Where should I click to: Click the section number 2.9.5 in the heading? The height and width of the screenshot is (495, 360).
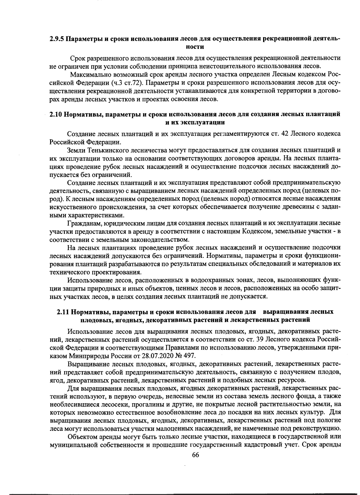coord(57,39)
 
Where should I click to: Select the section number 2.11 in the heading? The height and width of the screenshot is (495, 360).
coord(63,312)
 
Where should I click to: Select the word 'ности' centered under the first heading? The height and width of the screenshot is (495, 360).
coord(195,47)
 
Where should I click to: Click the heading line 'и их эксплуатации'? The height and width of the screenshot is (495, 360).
coord(195,122)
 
